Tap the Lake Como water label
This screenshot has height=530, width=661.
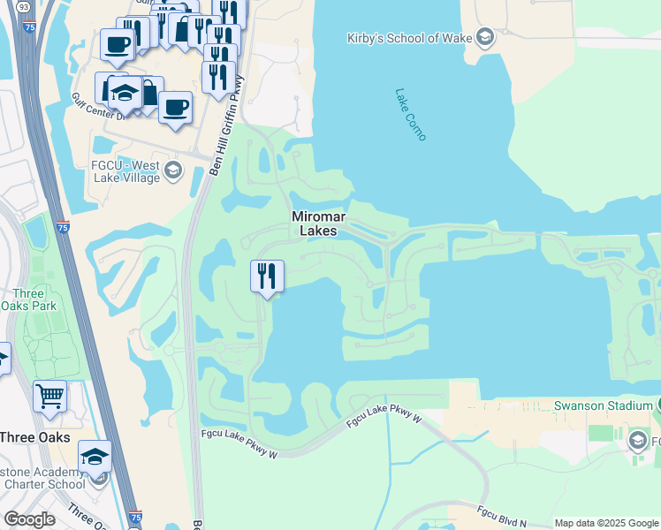[x=411, y=114]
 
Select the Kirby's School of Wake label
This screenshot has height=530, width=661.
[x=408, y=36]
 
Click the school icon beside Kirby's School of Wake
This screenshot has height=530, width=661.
[x=483, y=36]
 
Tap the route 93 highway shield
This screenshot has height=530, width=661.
[x=21, y=7]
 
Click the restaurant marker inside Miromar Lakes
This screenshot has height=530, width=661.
[x=267, y=277]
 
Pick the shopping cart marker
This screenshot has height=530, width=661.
[x=50, y=396]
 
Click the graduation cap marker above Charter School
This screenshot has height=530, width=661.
[x=95, y=456]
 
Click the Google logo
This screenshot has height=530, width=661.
[x=28, y=519]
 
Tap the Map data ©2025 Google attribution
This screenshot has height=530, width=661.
[x=606, y=523]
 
